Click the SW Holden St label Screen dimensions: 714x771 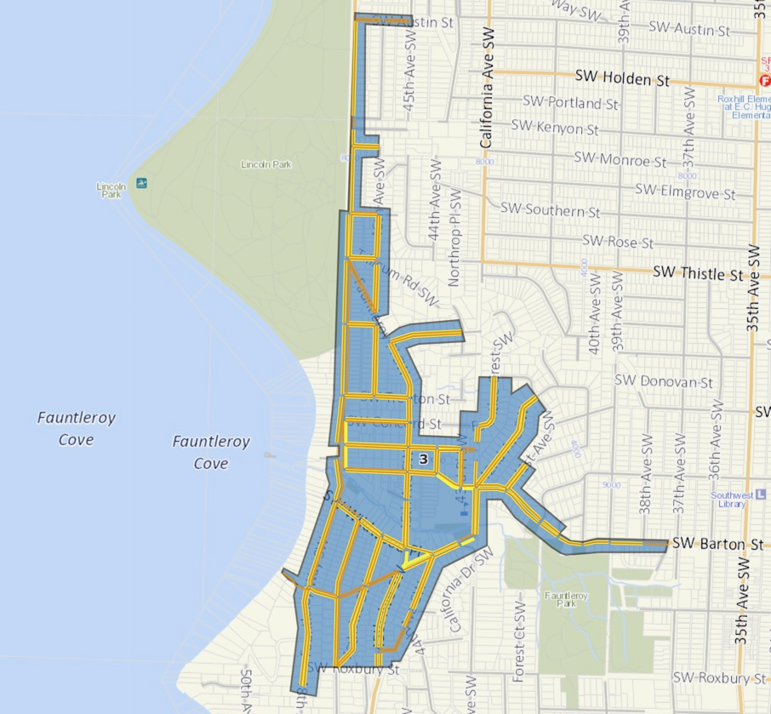tap(622, 77)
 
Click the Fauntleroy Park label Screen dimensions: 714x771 tap(561, 599)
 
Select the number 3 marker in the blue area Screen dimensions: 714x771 tap(423, 459)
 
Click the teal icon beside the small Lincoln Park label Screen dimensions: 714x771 tap(141, 183)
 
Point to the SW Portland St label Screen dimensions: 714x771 tap(570, 103)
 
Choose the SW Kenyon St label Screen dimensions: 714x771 tap(555, 128)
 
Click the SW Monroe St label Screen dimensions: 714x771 tap(620, 159)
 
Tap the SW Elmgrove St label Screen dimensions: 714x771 tap(684, 191)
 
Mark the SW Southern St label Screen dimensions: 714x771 tap(550, 209)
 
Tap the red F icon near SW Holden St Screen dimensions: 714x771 tap(764, 81)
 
